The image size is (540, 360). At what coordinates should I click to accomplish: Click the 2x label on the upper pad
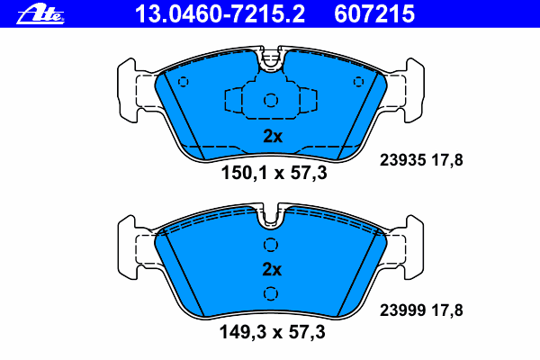pos(272,137)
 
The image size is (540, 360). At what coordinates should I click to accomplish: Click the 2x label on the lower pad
pos(272,269)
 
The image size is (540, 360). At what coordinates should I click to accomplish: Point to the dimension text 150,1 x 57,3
pos(274,174)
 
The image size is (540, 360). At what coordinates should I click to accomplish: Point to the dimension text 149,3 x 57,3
pos(274,333)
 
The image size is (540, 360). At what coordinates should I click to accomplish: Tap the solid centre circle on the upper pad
pos(271,101)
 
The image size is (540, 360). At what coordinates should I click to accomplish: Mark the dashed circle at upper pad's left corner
pos(184,83)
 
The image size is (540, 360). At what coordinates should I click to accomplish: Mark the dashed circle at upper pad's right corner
pos(359,83)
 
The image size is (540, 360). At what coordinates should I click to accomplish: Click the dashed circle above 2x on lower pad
pos(270,246)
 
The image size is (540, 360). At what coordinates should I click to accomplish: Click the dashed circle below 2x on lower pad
pos(270,292)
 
